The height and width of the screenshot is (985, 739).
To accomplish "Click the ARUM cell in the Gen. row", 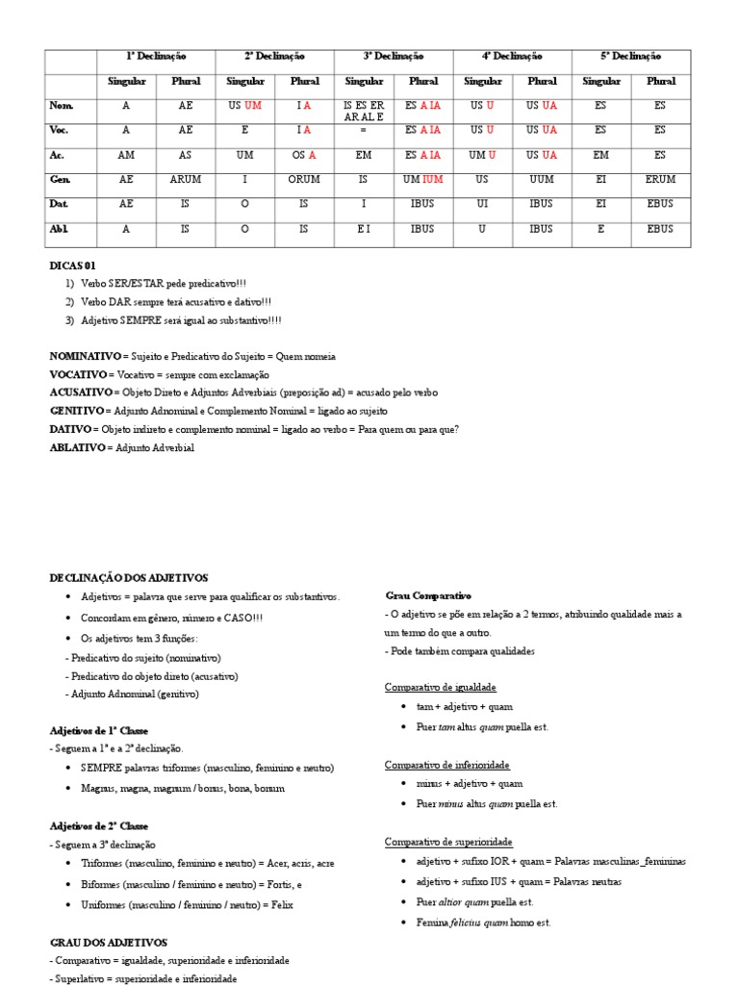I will (186, 179).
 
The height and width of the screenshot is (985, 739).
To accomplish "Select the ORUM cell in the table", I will (304, 179).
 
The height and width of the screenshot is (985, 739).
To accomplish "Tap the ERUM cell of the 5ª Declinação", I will (660, 179).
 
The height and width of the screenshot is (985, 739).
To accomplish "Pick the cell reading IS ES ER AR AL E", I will (364, 111).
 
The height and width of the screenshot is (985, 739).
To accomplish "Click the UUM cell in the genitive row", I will (541, 179).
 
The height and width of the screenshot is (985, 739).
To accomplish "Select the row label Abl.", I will (60, 229).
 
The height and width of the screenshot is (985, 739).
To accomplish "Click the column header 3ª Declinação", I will (394, 57).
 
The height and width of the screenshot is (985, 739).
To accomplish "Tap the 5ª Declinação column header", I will (631, 57).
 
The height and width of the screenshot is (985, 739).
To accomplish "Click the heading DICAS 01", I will (72, 265).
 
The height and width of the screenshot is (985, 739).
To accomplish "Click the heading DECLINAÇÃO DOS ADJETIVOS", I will (128, 577).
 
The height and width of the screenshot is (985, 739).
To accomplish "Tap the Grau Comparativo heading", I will (428, 595).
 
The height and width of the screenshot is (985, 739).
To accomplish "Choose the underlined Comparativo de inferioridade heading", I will (447, 765).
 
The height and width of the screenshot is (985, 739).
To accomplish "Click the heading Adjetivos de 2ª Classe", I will (99, 826).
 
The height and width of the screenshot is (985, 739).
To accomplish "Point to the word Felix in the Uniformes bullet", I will (282, 904).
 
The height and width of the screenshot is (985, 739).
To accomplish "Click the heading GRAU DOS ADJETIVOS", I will (108, 942).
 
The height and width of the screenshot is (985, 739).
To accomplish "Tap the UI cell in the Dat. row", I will (482, 204).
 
